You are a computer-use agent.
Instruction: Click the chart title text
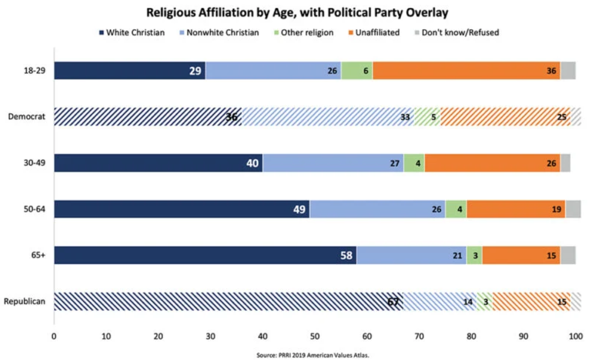(x=298, y=12)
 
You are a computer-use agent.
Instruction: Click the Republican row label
(x=25, y=302)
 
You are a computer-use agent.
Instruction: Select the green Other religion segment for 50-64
(x=456, y=209)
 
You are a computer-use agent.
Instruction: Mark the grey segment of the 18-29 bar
(x=568, y=71)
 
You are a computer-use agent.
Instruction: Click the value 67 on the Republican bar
(x=394, y=302)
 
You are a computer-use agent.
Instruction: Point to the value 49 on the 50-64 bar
(x=299, y=210)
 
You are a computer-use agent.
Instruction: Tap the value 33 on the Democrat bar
(x=404, y=117)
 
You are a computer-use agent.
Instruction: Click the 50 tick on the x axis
(x=315, y=336)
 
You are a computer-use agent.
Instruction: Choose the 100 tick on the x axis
(x=576, y=336)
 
